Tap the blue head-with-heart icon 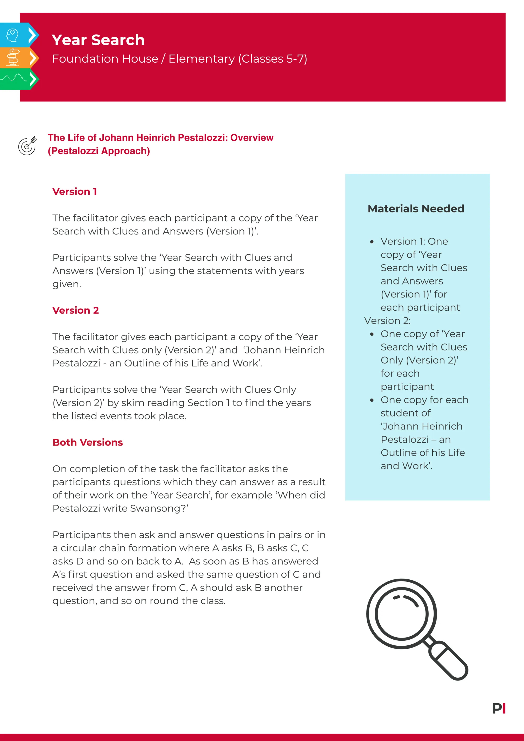point(12,35)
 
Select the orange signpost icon point(13,57)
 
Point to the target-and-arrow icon point(28,146)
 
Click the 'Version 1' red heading point(75,191)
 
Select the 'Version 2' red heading point(75,310)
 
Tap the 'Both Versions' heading point(88,442)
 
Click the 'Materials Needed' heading point(416,209)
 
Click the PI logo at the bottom point(499,709)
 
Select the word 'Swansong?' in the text point(159,508)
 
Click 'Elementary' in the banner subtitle point(201,59)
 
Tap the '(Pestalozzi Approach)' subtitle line point(99,151)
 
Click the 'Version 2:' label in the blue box point(387,321)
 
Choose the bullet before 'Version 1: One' point(372,241)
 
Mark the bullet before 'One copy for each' point(372,400)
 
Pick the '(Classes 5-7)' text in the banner point(273,59)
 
